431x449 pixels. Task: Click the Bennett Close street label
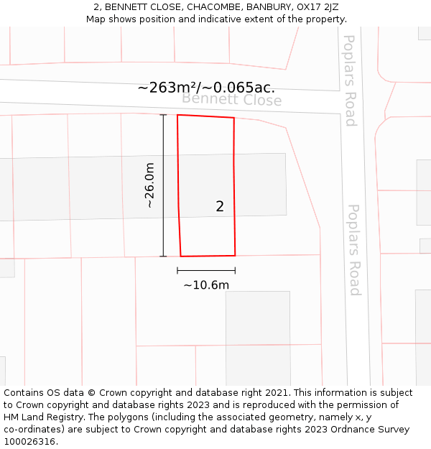pos(231,100)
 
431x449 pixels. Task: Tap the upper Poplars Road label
pos(350,80)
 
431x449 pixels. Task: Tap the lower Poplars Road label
pos(354,249)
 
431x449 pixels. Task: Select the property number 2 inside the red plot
pos(220,207)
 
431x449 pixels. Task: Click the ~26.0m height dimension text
pos(149,185)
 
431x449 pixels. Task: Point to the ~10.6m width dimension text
pos(206,285)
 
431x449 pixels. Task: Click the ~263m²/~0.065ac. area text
pos(206,88)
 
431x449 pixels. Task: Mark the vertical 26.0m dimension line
pos(163,185)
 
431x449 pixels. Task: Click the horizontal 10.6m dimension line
pos(206,270)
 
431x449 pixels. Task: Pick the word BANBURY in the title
pos(267,7)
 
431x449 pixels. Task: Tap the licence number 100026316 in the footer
pos(30,442)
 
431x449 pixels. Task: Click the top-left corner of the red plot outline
pos(177,115)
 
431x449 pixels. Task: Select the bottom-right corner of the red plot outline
pos(235,255)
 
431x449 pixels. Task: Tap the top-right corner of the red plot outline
pos(234,118)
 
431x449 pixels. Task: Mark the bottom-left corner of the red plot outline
pos(180,256)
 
